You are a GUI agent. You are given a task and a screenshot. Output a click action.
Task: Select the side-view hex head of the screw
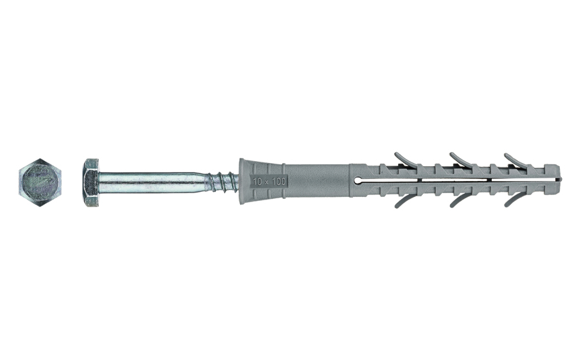pos(90,182)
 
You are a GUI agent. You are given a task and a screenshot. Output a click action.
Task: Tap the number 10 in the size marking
pos(257,182)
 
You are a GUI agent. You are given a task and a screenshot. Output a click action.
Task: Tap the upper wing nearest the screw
pos(403,158)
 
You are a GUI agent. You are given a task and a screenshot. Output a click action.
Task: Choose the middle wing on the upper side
pos(459,158)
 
